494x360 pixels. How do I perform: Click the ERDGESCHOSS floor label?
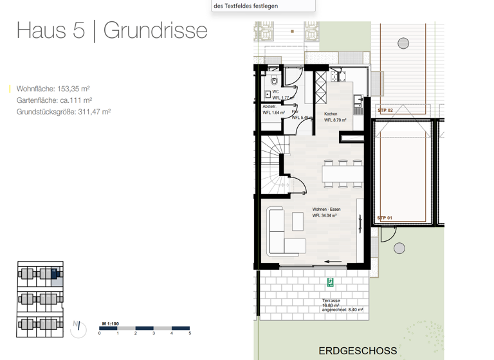[x=358, y=351]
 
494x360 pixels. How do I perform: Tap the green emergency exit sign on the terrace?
[x=331, y=282]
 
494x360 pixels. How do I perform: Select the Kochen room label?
[x=331, y=114]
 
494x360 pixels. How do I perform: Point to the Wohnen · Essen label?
[x=326, y=210]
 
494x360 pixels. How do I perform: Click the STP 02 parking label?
[x=385, y=111]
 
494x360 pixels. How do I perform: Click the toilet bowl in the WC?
[x=274, y=80]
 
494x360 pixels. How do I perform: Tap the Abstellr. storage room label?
[x=269, y=107]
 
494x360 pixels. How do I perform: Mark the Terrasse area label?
[x=331, y=301]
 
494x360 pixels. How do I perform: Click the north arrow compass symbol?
[x=78, y=328]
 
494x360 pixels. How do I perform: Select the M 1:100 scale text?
[x=110, y=324]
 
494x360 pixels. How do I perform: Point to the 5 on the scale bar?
[x=190, y=334]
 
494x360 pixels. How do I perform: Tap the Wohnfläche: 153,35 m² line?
[x=53, y=89]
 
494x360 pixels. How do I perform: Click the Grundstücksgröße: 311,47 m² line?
[x=64, y=112]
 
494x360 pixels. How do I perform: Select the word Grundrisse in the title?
[x=155, y=30]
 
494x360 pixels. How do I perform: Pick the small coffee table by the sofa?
[x=297, y=222]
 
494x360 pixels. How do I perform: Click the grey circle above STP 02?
[x=403, y=44]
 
